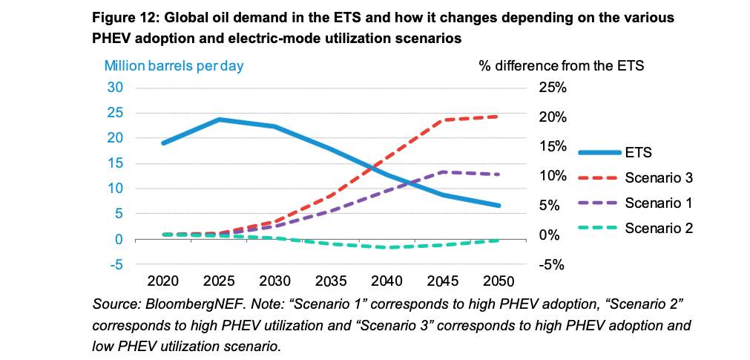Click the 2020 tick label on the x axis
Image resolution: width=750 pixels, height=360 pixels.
pos(163,281)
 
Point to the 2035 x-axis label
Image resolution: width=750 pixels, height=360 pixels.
pos(331,281)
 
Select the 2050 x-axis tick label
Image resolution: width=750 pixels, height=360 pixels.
pos(499,281)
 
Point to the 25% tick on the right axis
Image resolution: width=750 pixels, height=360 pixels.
pos(550,88)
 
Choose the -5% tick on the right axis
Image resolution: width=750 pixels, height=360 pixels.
pos(550,265)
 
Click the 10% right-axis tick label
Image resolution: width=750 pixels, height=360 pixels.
pos(550,177)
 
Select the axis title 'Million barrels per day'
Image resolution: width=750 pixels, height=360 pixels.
pos(174,65)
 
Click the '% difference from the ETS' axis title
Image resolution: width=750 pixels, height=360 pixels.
pos(562,65)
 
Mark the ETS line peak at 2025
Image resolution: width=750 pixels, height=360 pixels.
pos(220,120)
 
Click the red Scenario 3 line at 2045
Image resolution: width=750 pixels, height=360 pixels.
pos(443,120)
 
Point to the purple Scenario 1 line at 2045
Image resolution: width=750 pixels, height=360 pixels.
pos(443,172)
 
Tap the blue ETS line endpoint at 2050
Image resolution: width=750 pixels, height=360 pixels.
pos(499,206)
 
